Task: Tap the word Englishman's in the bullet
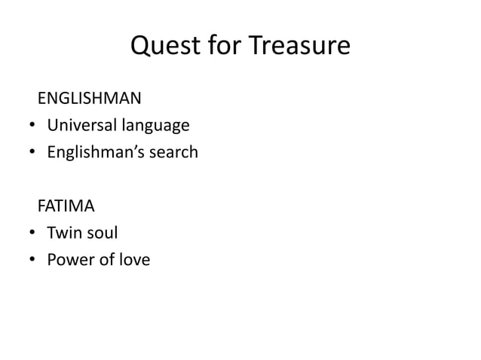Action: point(93,153)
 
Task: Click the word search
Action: point(171,152)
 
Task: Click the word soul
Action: point(103,233)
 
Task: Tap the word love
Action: point(134,261)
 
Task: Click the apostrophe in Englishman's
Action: point(129,148)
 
